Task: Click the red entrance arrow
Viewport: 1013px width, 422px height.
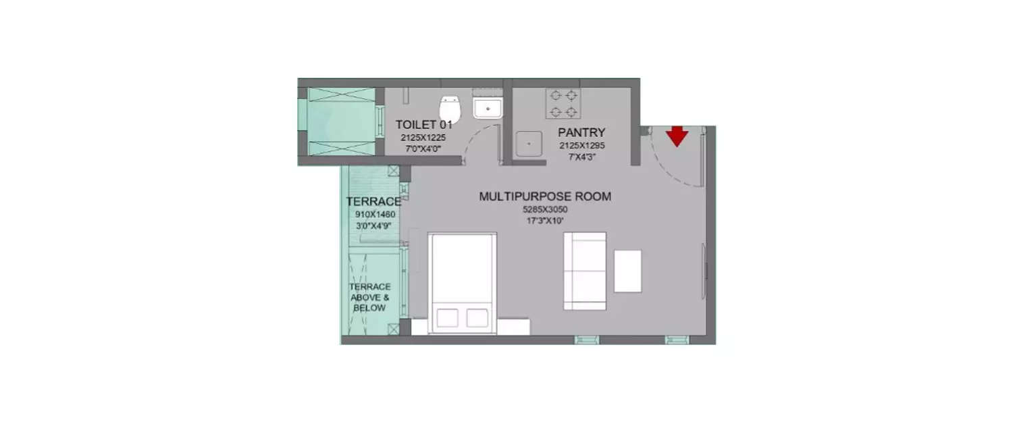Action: (677, 136)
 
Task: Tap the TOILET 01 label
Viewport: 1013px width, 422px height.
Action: (423, 124)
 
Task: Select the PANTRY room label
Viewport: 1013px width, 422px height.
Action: (581, 132)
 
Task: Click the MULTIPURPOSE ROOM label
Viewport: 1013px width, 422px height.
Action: (545, 196)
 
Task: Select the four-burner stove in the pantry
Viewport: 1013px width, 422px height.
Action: (564, 103)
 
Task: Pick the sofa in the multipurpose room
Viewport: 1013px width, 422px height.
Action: (585, 270)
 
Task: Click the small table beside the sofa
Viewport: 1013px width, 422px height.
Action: (627, 271)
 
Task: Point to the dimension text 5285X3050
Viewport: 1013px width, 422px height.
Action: (540, 209)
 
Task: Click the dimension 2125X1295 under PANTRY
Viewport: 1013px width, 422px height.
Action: (581, 146)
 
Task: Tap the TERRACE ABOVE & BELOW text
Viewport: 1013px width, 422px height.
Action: (369, 297)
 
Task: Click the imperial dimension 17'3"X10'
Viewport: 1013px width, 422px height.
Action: (541, 220)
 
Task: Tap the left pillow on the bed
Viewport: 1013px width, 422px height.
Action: (447, 317)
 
